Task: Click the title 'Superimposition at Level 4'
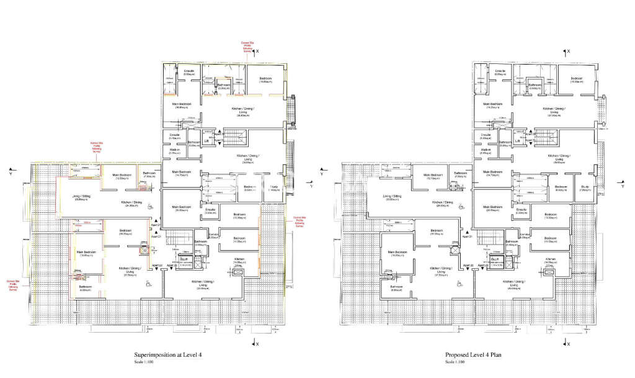point(162,355)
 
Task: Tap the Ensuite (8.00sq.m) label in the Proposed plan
point(500,73)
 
